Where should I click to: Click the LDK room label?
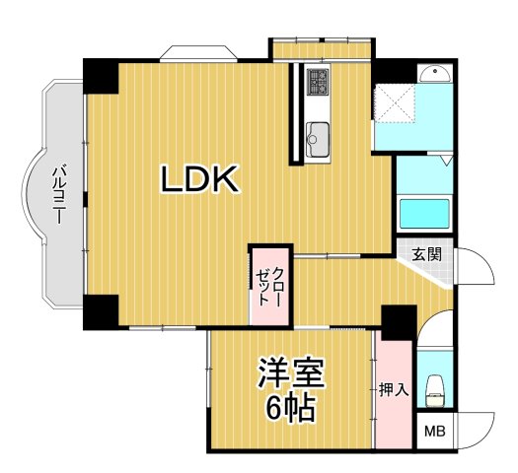tap(201, 179)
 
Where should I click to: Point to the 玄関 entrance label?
tap(426, 253)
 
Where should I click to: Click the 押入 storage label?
tap(394, 390)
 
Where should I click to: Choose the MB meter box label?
tap(434, 432)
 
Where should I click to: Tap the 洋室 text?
tap(290, 372)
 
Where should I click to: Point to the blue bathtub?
tap(422, 213)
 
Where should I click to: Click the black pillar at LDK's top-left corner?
tap(100, 76)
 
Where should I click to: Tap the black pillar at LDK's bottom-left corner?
tap(100, 310)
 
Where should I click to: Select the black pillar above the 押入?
tap(399, 320)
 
